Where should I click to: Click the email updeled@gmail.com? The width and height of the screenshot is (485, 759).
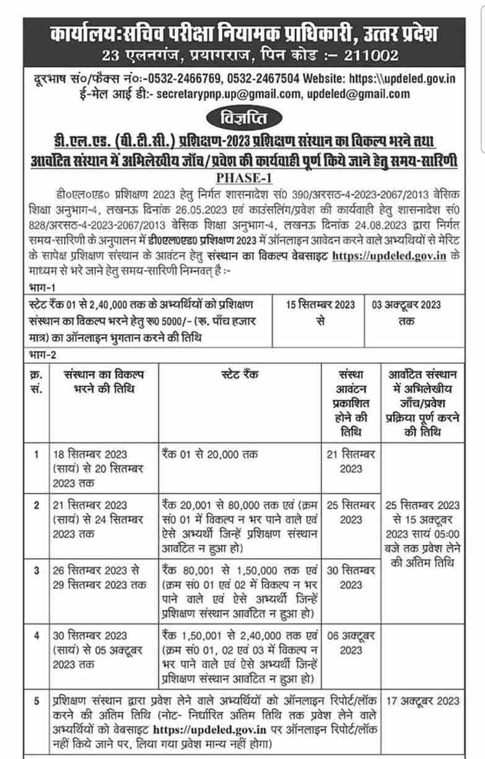tap(358, 94)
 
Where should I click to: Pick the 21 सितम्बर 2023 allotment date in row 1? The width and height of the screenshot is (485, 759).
tap(351, 461)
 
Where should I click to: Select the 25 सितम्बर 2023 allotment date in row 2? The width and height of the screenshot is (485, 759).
tap(351, 511)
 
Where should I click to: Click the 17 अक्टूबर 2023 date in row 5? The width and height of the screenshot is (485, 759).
tap(422, 701)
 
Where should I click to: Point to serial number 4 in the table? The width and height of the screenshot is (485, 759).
tap(37, 636)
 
